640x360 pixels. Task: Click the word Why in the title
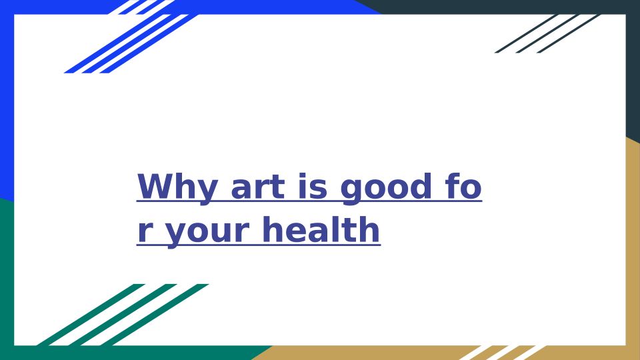[177, 188]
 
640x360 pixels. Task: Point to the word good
[386, 188]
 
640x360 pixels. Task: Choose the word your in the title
[207, 231]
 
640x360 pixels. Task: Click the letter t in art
[277, 188]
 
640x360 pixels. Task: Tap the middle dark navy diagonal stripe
[547, 33]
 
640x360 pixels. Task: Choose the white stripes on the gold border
[502, 353]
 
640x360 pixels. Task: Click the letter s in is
[319, 189]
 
